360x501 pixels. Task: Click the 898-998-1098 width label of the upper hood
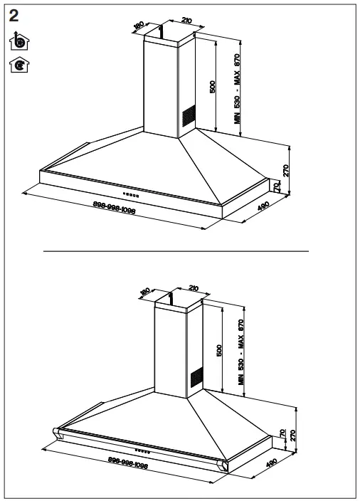click(114, 209)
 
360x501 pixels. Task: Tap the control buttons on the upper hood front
click(131, 194)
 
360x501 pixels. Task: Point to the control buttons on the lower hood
click(142, 450)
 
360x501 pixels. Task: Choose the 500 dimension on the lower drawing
click(220, 350)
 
